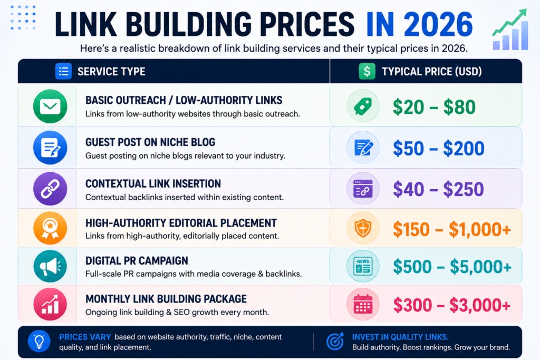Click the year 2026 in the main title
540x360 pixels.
(438, 24)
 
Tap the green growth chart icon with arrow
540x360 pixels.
(510, 30)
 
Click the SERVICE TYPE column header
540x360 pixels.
(111, 72)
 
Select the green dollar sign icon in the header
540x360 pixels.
(367, 71)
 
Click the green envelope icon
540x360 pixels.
(50, 106)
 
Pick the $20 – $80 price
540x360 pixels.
(434, 107)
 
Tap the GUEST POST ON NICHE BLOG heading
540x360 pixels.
(150, 142)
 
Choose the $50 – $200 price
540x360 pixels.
(438, 148)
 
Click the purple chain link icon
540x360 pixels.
(50, 189)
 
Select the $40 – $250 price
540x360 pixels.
(438, 189)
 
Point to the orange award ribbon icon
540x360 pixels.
(50, 228)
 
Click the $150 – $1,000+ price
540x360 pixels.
(451, 229)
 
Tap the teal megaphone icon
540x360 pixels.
(50, 266)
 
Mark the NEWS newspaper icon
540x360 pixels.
(363, 266)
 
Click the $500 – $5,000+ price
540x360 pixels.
(452, 267)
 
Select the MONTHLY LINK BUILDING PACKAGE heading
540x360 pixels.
(166, 299)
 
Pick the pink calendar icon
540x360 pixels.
(363, 305)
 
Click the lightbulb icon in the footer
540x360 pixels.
(39, 342)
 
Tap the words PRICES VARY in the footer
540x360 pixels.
(85, 337)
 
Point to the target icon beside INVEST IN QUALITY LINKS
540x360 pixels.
(335, 342)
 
